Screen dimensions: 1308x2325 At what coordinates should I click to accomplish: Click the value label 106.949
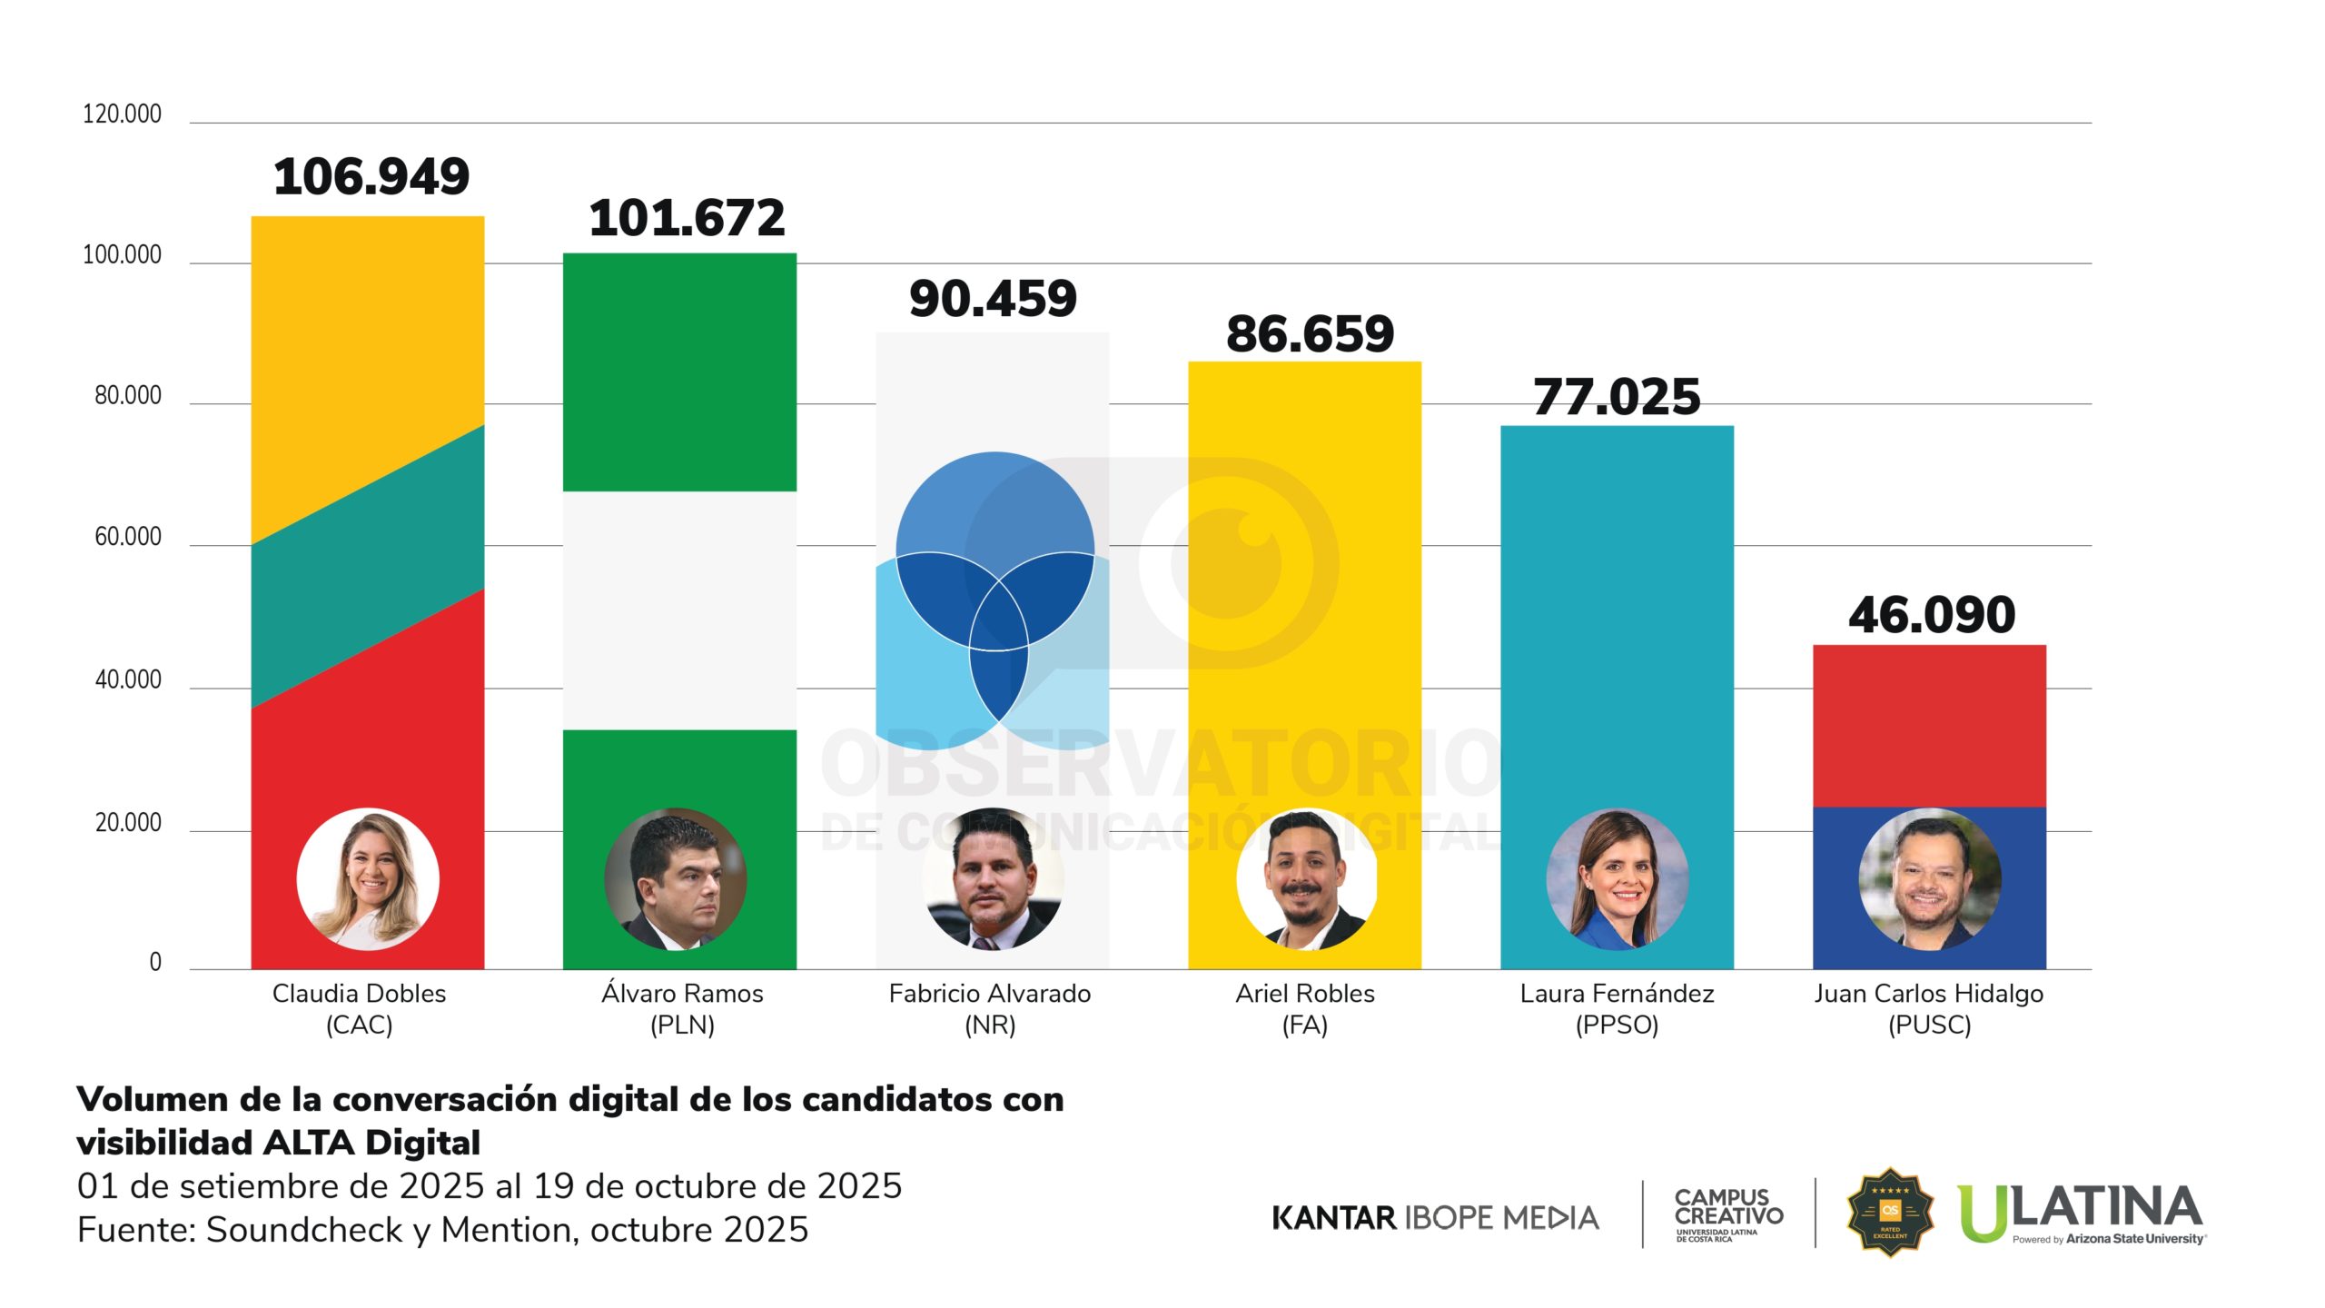(x=371, y=176)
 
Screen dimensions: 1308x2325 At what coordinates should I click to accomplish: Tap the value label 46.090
(x=1932, y=615)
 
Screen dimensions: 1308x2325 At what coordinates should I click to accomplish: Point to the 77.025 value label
(x=1617, y=397)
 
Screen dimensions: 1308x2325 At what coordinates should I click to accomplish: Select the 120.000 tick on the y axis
(x=122, y=114)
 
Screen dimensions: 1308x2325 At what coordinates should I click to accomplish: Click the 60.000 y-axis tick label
(x=127, y=537)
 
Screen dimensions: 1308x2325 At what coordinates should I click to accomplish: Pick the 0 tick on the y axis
(x=155, y=962)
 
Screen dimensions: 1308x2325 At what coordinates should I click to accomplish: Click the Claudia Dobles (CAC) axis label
(x=360, y=1008)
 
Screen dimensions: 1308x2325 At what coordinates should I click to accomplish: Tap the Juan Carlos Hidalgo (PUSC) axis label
(x=1929, y=1008)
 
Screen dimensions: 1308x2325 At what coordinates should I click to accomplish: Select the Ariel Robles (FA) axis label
(x=1305, y=1008)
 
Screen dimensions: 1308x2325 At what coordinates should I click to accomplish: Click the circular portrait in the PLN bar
(x=676, y=879)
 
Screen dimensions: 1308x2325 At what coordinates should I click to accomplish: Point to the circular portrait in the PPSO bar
(x=1617, y=879)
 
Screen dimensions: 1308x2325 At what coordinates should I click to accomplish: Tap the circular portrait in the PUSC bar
(x=1929, y=879)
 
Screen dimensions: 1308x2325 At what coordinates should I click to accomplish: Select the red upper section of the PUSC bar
(x=1929, y=725)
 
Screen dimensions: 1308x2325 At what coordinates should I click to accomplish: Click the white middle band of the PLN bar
(x=679, y=610)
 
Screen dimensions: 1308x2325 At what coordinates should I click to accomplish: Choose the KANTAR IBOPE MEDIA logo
(x=1435, y=1217)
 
